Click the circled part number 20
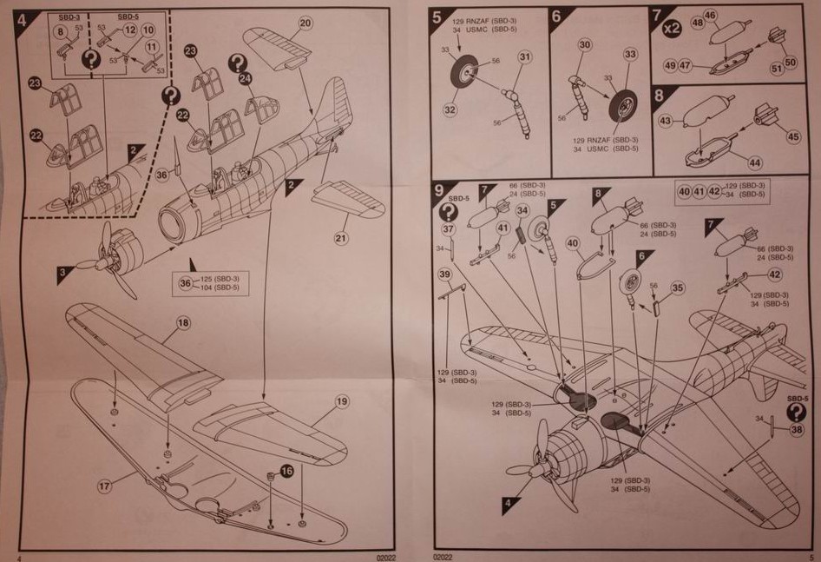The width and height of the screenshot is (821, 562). click(305, 23)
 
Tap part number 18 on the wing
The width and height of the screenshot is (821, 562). click(183, 322)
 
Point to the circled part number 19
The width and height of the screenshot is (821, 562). click(341, 401)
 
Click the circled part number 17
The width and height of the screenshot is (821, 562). click(105, 487)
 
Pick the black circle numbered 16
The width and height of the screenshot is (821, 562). click(286, 471)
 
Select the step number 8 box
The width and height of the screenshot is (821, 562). click(659, 96)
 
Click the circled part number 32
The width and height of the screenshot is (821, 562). click(449, 109)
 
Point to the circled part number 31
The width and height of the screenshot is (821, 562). click(524, 57)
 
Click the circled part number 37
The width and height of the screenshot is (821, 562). click(448, 229)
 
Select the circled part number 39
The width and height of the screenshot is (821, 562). click(444, 274)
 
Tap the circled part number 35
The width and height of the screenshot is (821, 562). click(678, 288)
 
